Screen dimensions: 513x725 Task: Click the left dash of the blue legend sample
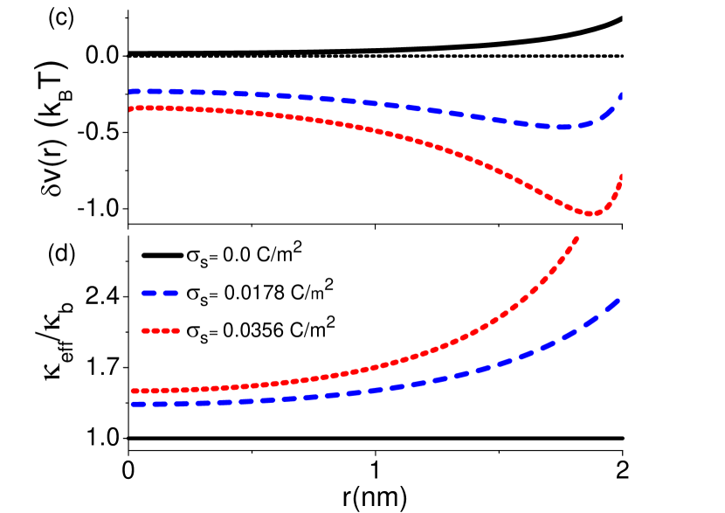pos(148,294)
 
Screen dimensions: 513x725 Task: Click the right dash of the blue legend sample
pos(169,294)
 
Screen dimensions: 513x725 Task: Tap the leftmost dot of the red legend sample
pos(145,330)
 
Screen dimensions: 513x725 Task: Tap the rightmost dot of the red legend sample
pos(176,330)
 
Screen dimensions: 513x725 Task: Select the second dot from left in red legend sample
pos(155,330)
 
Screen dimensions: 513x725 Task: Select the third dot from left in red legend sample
pos(166,330)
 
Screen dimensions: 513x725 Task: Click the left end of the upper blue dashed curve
pos(130,92)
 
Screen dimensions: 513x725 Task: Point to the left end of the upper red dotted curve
pos(130,109)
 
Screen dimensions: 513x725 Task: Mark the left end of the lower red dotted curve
pos(132,391)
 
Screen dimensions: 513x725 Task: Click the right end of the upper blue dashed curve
pos(621,94)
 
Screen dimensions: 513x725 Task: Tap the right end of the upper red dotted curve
pos(622,177)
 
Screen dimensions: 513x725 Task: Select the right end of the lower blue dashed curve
pos(618,301)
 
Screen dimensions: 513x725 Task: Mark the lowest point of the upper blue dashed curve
pos(564,128)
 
